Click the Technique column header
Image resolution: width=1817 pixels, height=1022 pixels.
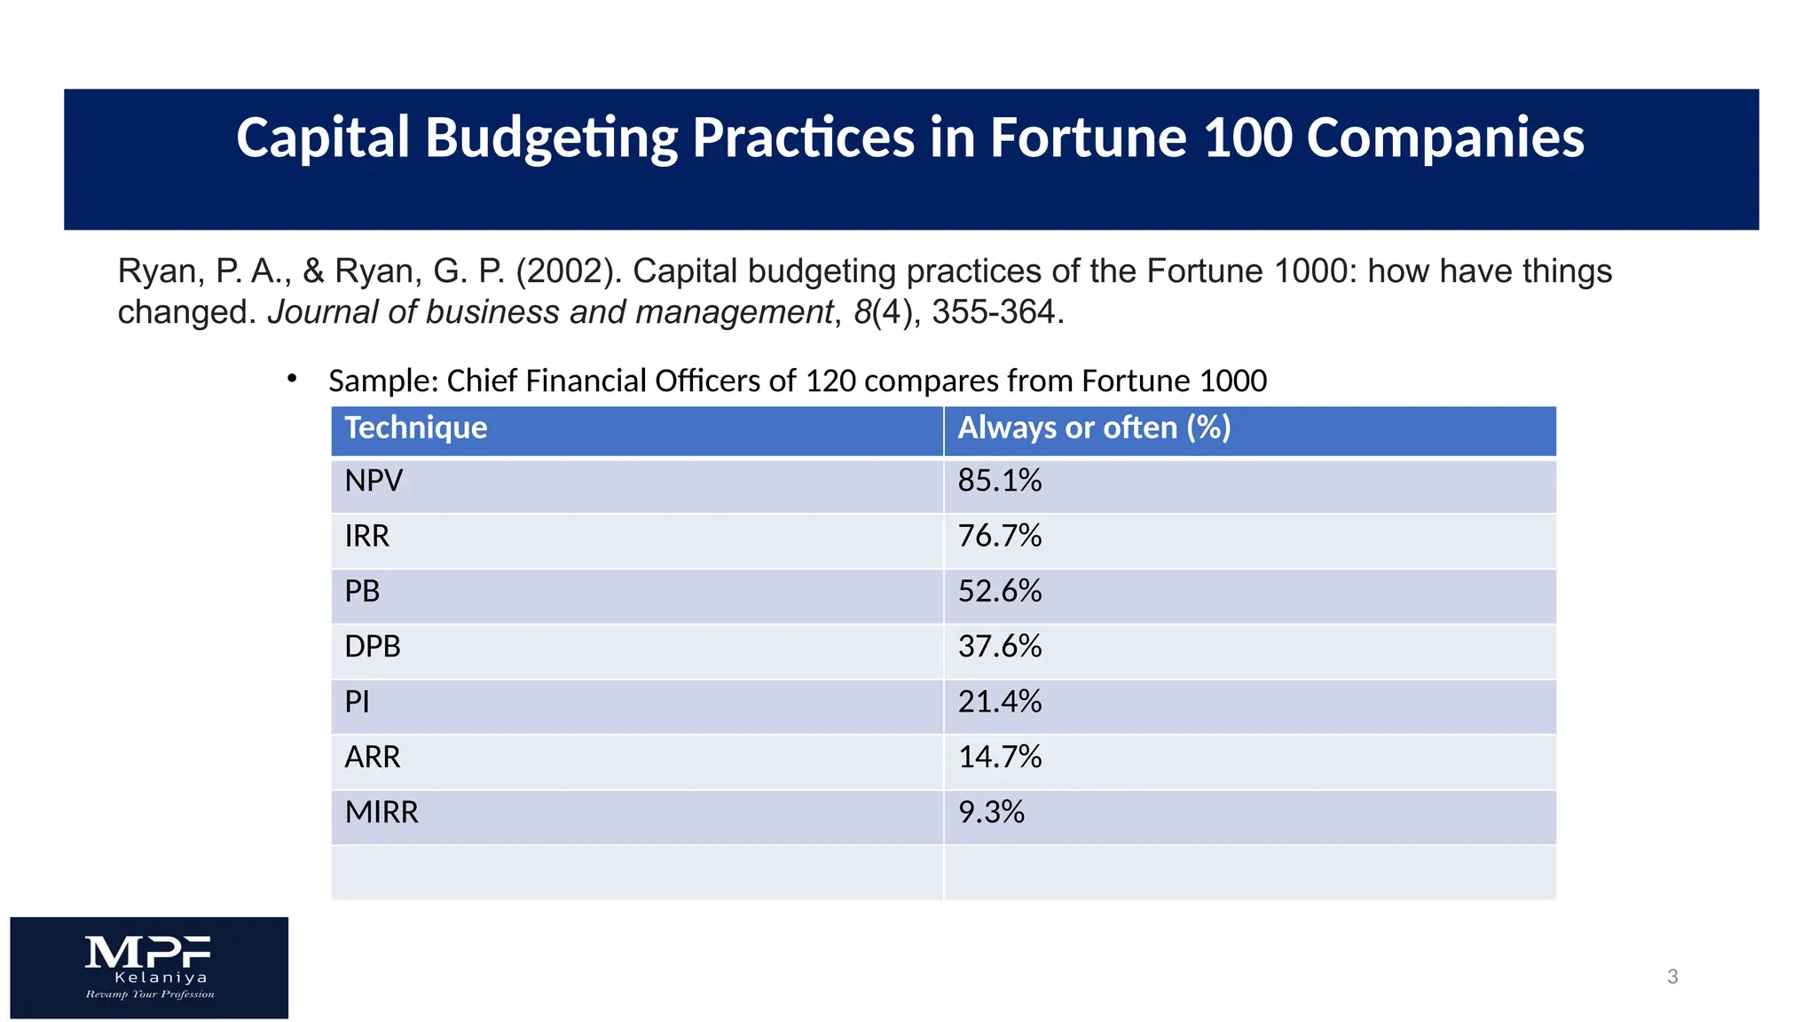[x=415, y=428]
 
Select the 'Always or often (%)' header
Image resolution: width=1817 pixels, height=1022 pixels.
[x=1093, y=428]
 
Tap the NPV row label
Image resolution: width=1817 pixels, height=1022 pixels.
[x=374, y=481]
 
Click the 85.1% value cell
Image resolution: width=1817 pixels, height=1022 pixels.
[x=999, y=481]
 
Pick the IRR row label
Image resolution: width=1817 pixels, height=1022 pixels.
[x=366, y=537]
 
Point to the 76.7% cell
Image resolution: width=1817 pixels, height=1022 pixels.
[x=999, y=537]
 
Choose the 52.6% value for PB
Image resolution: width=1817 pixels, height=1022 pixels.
[x=999, y=592]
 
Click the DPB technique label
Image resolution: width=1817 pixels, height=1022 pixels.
[x=373, y=647]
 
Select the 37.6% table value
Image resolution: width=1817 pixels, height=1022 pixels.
[x=999, y=647]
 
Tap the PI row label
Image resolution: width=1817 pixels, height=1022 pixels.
[x=357, y=703]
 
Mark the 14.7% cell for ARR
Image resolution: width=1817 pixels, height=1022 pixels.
[x=999, y=758]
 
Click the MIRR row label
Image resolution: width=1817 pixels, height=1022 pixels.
[x=381, y=813]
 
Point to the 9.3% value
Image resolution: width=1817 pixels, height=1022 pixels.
[x=990, y=813]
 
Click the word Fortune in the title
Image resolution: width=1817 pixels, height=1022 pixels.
[x=1088, y=138]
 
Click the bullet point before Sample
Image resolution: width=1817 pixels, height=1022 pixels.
[x=292, y=379]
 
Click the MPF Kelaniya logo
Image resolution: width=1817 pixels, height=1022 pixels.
[x=149, y=967]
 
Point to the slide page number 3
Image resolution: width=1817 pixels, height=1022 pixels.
[x=1672, y=977]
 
